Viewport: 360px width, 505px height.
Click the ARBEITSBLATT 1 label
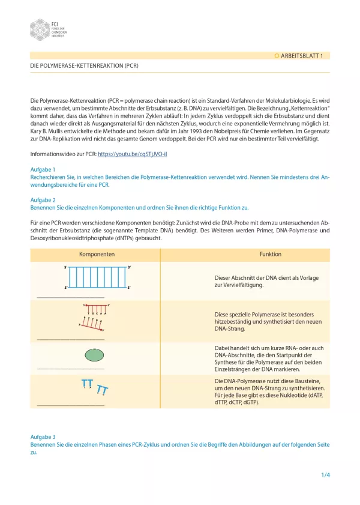(x=301, y=55)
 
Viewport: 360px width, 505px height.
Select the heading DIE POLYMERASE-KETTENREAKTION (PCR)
(x=84, y=65)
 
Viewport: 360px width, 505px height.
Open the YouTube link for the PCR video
(x=132, y=154)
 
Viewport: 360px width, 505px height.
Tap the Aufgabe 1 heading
(x=43, y=169)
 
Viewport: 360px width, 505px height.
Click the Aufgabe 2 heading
(x=43, y=199)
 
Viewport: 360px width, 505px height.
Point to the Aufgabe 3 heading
(x=43, y=437)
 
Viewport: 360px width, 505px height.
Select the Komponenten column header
(x=97, y=254)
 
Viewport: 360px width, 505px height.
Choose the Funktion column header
(x=270, y=254)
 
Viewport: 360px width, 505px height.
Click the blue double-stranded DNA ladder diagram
(x=97, y=277)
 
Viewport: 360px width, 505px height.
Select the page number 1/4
(x=325, y=476)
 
